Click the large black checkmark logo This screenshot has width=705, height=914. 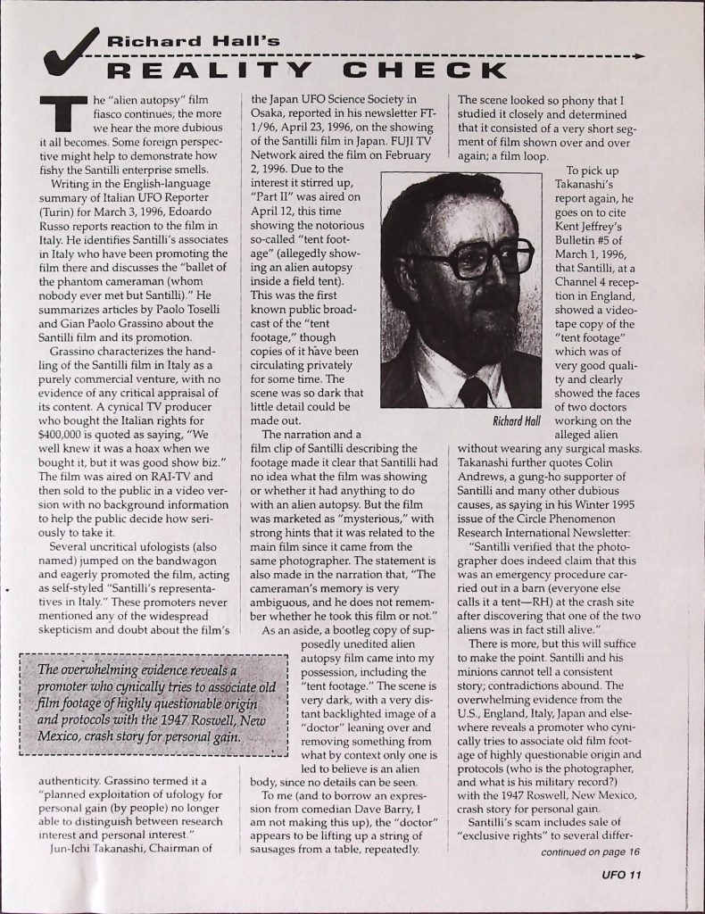(70, 52)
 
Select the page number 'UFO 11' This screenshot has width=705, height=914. (621, 875)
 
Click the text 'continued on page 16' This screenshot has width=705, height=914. (589, 852)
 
